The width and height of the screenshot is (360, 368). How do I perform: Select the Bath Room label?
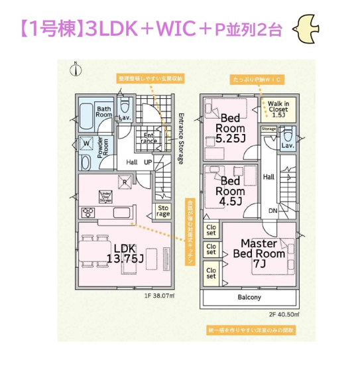[104, 111]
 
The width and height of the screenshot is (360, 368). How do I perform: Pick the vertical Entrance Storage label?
[180, 135]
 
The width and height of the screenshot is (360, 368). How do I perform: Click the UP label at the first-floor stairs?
[147, 162]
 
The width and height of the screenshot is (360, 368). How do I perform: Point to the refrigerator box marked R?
[124, 181]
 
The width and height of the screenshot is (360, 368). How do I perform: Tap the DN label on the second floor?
[272, 211]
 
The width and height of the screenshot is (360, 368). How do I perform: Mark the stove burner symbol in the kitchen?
[86, 213]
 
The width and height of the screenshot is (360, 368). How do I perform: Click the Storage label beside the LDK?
[163, 211]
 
